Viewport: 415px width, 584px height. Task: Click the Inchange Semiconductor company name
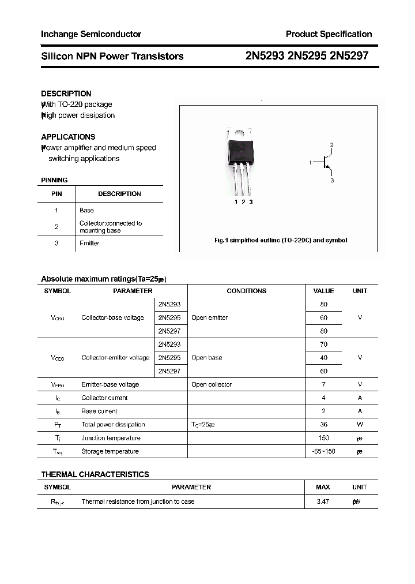[91, 34]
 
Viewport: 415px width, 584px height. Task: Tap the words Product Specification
[329, 34]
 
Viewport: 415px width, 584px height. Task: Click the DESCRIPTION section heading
[66, 93]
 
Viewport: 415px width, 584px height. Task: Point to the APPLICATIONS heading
[68, 137]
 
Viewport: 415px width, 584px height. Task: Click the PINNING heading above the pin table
[54, 180]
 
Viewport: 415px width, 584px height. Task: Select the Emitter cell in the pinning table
[89, 243]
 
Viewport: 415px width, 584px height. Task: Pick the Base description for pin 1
[86, 210]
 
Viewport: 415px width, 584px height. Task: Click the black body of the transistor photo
[241, 151]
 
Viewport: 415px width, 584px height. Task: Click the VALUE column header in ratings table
[323, 291]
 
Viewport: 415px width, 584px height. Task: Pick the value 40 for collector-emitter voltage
[323, 358]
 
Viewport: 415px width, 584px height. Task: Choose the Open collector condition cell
[212, 384]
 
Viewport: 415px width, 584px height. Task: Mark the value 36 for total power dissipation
[323, 425]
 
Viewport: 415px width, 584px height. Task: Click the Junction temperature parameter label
[110, 438]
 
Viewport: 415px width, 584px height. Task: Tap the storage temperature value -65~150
[323, 451]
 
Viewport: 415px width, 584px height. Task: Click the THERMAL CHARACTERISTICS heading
[95, 474]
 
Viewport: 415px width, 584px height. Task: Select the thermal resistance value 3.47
[323, 501]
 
